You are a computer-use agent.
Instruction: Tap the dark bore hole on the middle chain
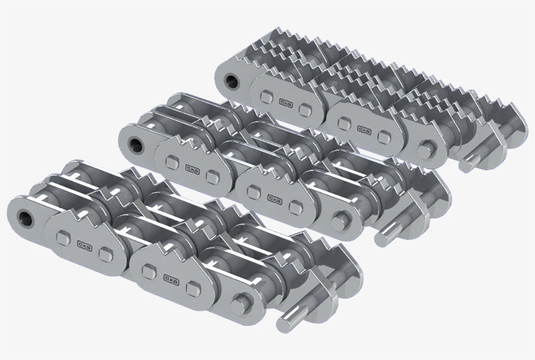point(136,143)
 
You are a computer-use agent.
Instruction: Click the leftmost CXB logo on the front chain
point(85,245)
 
